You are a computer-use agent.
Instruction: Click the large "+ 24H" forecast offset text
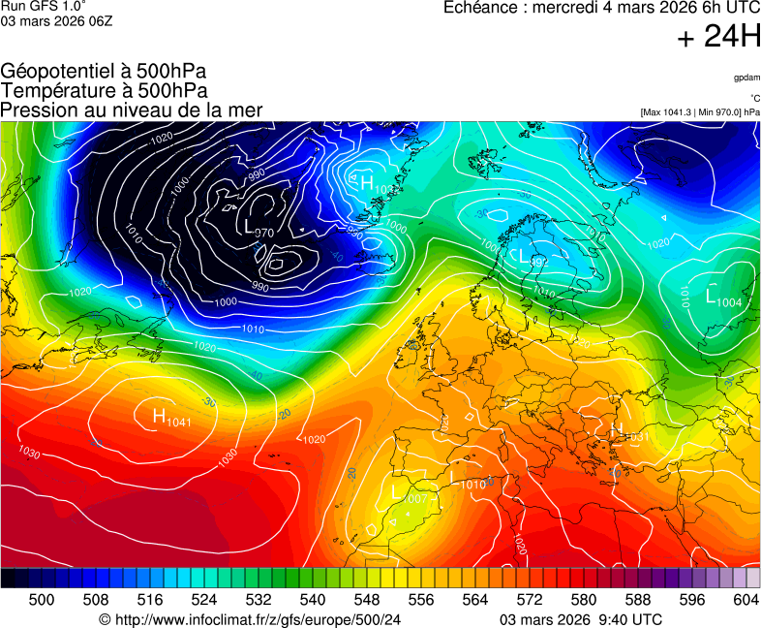coord(718,37)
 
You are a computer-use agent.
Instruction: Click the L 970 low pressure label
coord(259,229)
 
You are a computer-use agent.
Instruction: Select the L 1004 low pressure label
coord(723,298)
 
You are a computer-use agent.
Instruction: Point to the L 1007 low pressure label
coord(409,495)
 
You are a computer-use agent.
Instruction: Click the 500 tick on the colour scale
coord(42,600)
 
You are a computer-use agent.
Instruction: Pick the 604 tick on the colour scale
coord(746,600)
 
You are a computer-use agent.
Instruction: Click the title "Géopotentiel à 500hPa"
coord(104,72)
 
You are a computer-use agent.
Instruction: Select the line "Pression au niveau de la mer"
coord(132,110)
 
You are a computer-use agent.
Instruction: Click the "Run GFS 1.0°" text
coord(44,6)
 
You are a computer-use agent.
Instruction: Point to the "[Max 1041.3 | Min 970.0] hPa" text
coord(699,112)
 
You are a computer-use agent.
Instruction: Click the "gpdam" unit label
coord(746,78)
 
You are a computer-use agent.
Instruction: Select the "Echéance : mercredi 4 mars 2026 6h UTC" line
coord(601,8)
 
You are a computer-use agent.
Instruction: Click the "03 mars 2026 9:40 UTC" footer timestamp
coord(581,619)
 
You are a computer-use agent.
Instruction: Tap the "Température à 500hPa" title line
coord(104,91)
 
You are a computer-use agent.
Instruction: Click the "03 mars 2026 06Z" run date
coord(56,21)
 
